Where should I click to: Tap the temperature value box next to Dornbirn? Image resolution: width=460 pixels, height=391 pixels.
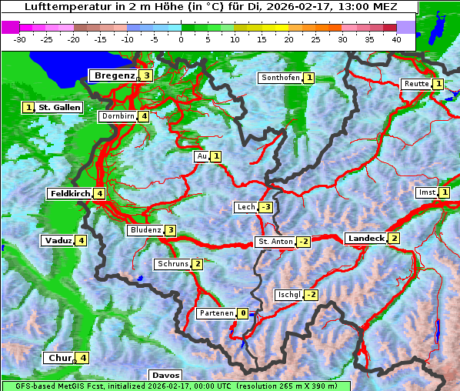144,116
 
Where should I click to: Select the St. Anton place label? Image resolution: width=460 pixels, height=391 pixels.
275,242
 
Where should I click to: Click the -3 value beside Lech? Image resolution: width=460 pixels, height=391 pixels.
265,207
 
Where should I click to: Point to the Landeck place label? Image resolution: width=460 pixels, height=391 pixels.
365,239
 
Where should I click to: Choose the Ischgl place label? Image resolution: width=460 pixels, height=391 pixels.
288,295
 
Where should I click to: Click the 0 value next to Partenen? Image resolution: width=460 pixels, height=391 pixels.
243,313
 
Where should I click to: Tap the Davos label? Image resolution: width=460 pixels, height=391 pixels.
165,375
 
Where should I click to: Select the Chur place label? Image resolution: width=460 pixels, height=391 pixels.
59,358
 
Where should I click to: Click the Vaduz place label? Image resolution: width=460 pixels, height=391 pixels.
58,241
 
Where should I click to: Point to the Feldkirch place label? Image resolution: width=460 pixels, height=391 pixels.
70,193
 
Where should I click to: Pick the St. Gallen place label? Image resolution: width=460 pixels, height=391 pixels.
59,108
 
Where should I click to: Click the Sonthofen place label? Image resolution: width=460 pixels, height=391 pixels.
280,78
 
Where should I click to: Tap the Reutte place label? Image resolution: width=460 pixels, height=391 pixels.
415,84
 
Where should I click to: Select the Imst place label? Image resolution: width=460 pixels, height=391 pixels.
425,192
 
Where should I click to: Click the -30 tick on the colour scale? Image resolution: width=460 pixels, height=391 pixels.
21,39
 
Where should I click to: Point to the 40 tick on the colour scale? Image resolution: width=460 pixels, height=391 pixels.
395,39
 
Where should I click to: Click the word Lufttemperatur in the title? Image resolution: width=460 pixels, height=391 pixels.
58,7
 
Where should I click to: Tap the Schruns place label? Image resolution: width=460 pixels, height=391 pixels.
172,264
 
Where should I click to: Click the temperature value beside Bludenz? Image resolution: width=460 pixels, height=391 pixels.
171,230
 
